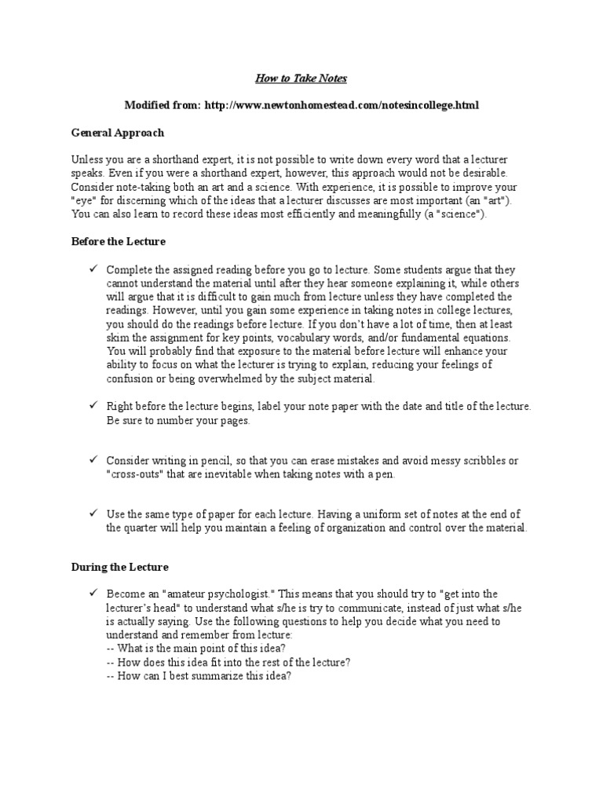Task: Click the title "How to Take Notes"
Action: pyautogui.click(x=301, y=79)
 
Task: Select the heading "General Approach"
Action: pyautogui.click(x=118, y=133)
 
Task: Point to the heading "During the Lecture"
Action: pyautogui.click(x=120, y=566)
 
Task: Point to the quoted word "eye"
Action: pyautogui.click(x=82, y=200)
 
